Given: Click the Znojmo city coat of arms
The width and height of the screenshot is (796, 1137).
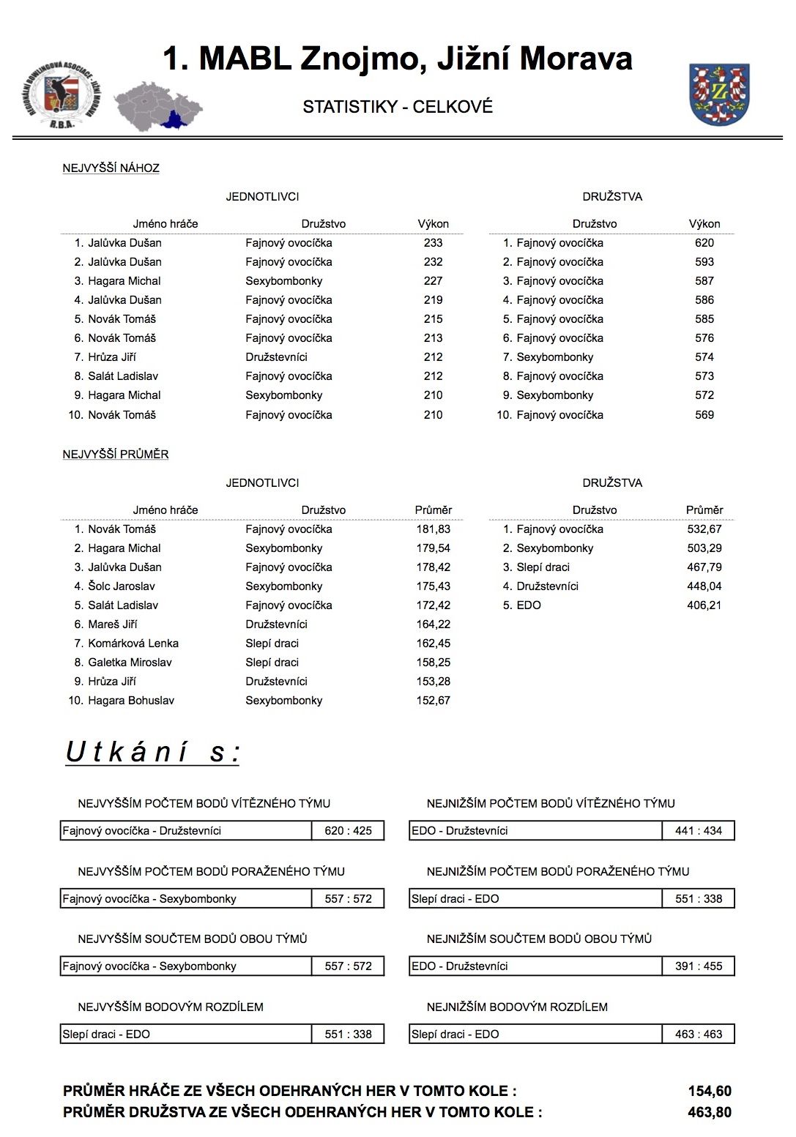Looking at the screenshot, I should (x=719, y=94).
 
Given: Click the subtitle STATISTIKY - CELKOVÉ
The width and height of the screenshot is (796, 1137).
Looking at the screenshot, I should (x=398, y=107).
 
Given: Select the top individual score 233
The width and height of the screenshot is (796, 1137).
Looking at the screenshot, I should (x=433, y=243).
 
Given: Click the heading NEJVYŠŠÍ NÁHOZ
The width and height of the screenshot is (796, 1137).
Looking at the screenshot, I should (x=111, y=168).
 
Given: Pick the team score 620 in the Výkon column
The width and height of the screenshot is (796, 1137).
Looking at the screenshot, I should (x=704, y=243).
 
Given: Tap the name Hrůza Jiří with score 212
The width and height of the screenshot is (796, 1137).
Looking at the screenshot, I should (x=111, y=357).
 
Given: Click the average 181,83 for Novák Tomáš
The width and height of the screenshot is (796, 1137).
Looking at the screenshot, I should (x=433, y=529).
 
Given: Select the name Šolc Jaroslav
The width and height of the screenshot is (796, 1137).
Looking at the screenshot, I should (x=121, y=586).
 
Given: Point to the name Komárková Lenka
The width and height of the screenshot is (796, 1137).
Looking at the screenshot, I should (x=133, y=644).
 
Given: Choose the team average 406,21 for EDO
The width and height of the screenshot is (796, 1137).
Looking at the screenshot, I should (x=704, y=605).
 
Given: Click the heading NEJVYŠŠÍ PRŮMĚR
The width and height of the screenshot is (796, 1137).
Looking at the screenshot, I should (x=116, y=455).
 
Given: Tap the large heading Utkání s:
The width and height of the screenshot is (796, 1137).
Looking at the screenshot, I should (x=152, y=753).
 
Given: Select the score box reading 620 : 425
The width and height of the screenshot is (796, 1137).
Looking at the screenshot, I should (x=348, y=831).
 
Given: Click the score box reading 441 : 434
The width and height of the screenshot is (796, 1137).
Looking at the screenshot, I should (x=698, y=831).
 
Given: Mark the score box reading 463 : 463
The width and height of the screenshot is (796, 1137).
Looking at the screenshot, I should (x=698, y=1035).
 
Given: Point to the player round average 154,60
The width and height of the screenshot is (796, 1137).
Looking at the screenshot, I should (x=709, y=1092).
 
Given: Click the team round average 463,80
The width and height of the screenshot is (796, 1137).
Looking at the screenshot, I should (x=709, y=1112).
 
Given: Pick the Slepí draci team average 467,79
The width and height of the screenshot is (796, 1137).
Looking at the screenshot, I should (x=704, y=567).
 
